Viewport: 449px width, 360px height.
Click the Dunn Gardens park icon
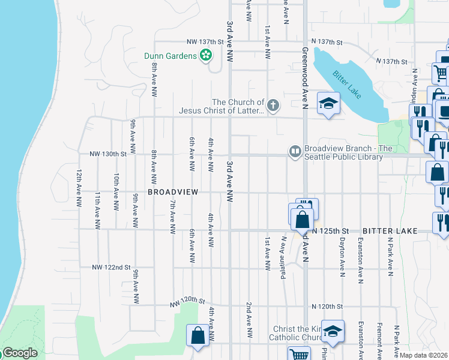tap(206, 56)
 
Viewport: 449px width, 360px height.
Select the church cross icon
tap(273, 106)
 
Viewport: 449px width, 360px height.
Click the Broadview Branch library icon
tap(295, 152)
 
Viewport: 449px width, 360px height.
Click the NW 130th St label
tap(108, 154)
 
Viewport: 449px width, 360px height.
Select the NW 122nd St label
tap(111, 267)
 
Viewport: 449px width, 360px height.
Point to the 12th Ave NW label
tap(79, 188)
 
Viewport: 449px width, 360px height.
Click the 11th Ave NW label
tap(97, 211)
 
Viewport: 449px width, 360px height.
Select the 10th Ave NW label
tap(116, 188)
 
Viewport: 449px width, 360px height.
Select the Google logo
tap(19, 353)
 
